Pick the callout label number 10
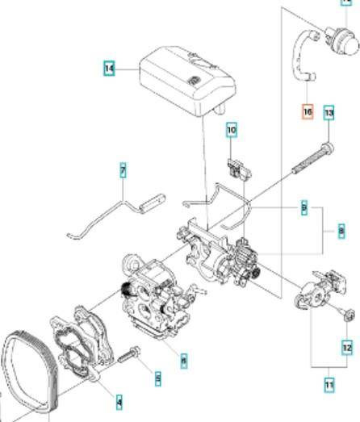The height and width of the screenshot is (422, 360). click(232, 129)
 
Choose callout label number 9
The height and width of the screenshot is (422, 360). click(304, 209)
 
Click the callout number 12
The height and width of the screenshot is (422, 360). click(347, 348)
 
